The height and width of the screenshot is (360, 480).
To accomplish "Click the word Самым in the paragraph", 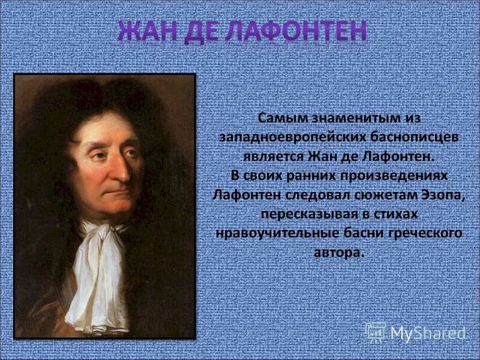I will point(279,117).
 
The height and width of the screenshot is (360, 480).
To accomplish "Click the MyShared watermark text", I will point(428,332).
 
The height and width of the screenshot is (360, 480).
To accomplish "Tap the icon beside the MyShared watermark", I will point(376,332).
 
